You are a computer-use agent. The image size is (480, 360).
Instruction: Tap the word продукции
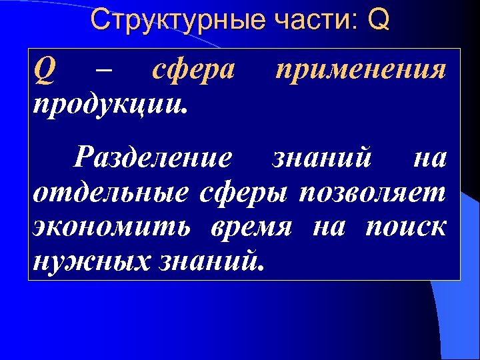(x=107, y=104)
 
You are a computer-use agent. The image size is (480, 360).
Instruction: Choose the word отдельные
(x=110, y=193)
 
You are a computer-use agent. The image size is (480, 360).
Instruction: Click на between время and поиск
(x=329, y=229)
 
